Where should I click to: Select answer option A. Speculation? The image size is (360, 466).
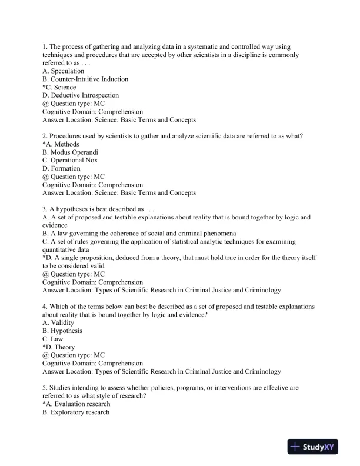tap(64, 71)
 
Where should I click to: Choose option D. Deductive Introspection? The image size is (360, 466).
tap(81, 95)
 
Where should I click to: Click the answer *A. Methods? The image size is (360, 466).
tap(61, 144)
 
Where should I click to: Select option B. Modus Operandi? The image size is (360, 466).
tap(70, 152)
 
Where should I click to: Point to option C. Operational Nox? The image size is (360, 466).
tap(70, 160)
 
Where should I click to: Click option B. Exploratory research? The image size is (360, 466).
tap(76, 412)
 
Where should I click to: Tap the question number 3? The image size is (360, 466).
tap(45, 209)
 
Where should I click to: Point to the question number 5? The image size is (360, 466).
tap(45, 388)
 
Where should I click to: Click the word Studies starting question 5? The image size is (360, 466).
tap(61, 388)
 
